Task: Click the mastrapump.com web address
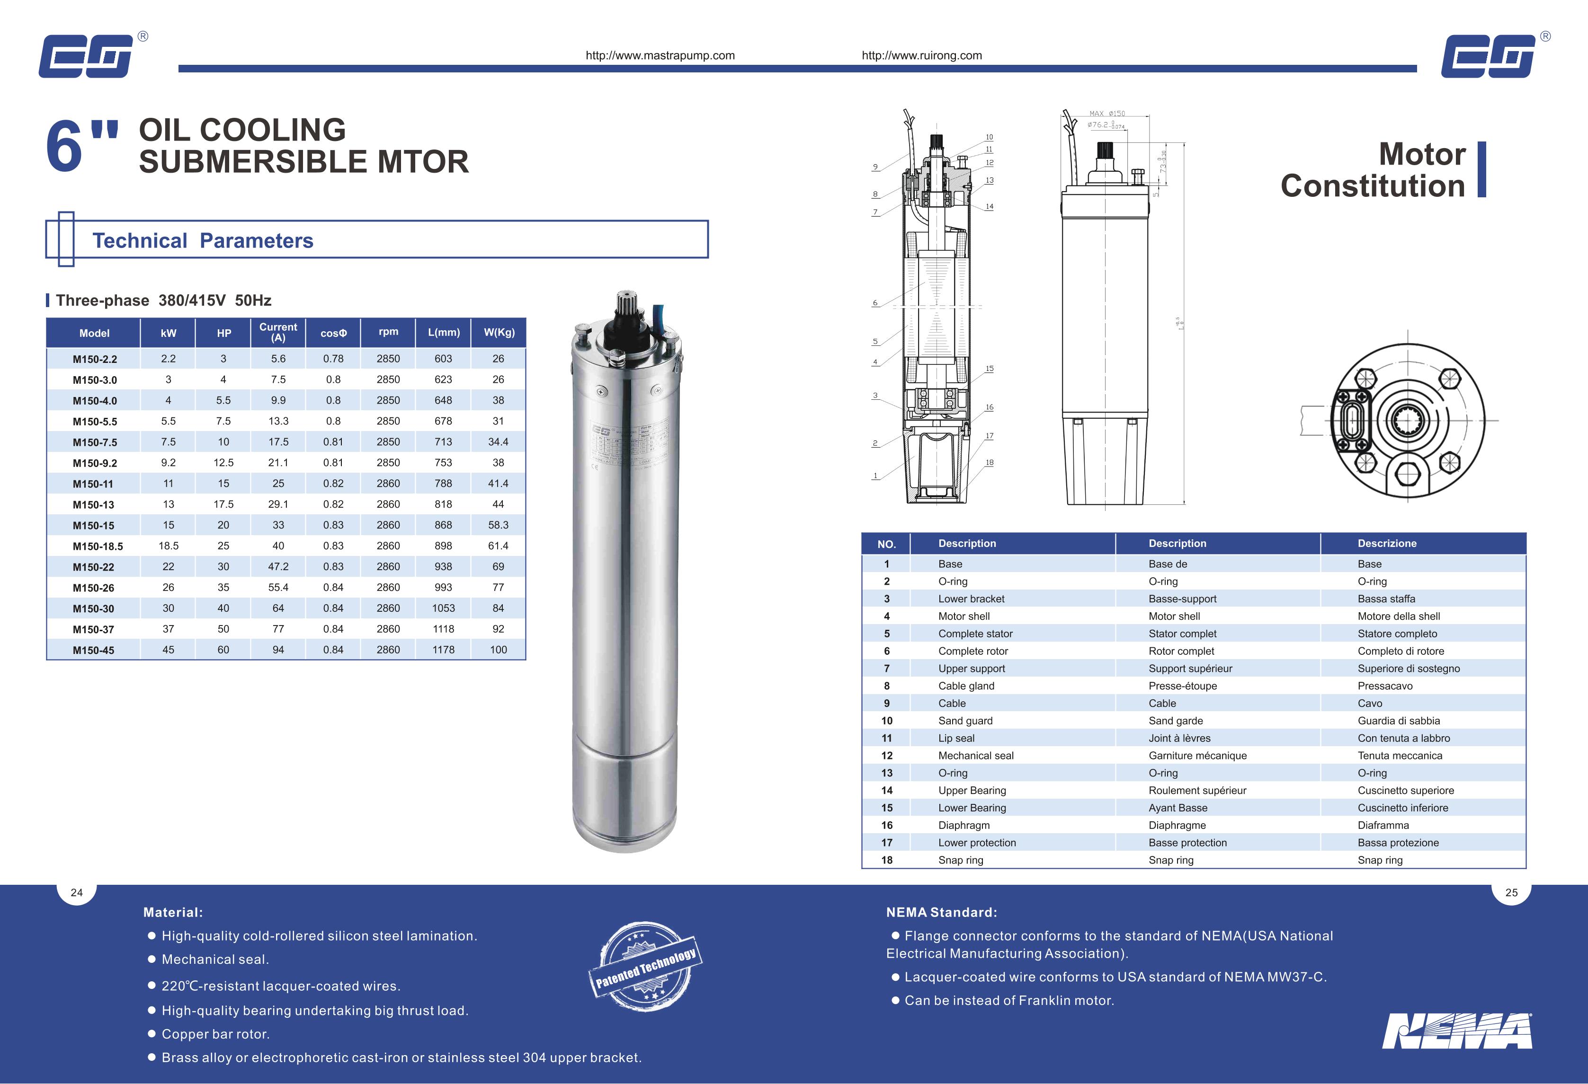[x=660, y=55]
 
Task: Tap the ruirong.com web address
[x=922, y=55]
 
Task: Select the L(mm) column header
[x=444, y=333]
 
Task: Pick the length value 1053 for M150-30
[x=444, y=608]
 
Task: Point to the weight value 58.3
[x=498, y=525]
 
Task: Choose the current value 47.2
[x=278, y=566]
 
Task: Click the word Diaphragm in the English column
[x=964, y=825]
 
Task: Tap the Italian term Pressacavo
[x=1385, y=686]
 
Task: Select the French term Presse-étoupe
[x=1183, y=686]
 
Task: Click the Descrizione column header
[x=1387, y=544]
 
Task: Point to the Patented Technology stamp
[x=645, y=966]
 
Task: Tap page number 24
[x=77, y=892]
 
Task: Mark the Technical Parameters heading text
[x=203, y=240]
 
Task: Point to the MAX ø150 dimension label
[x=1107, y=114]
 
